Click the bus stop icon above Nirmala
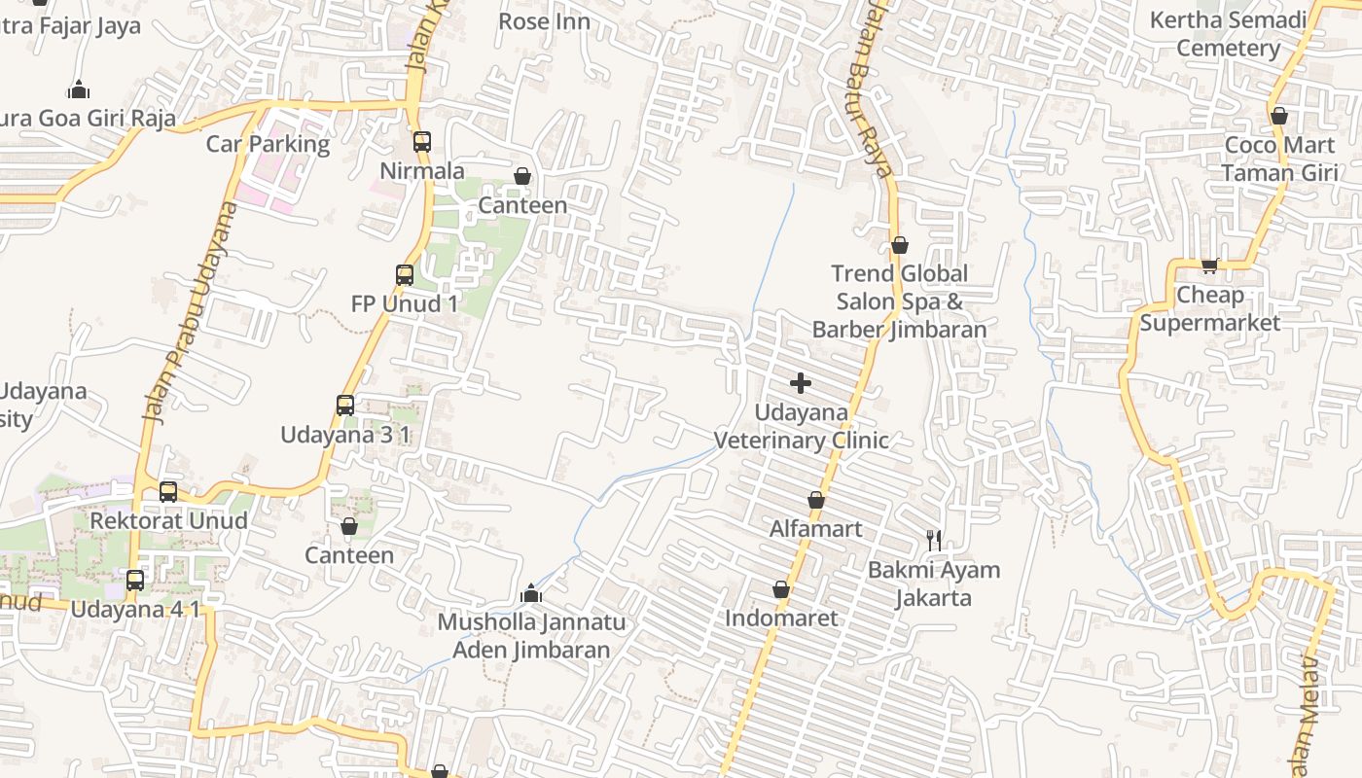[421, 142]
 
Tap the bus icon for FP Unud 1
[405, 275]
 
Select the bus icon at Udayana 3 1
[345, 406]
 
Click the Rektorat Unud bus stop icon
[168, 492]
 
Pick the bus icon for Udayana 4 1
[135, 581]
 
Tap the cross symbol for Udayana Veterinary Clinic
[801, 383]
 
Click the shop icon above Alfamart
[816, 501]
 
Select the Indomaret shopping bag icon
[780, 589]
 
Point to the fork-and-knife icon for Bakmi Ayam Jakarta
[934, 540]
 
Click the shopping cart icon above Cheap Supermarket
[1209, 265]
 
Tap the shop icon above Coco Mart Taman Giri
[1279, 117]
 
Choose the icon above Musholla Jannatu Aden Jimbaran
[530, 592]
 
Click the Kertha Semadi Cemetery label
[1228, 34]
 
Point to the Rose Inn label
[544, 20]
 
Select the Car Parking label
[268, 144]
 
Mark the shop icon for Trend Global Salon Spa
[900, 245]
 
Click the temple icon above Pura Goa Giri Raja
[79, 89]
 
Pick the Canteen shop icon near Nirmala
[522, 176]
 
